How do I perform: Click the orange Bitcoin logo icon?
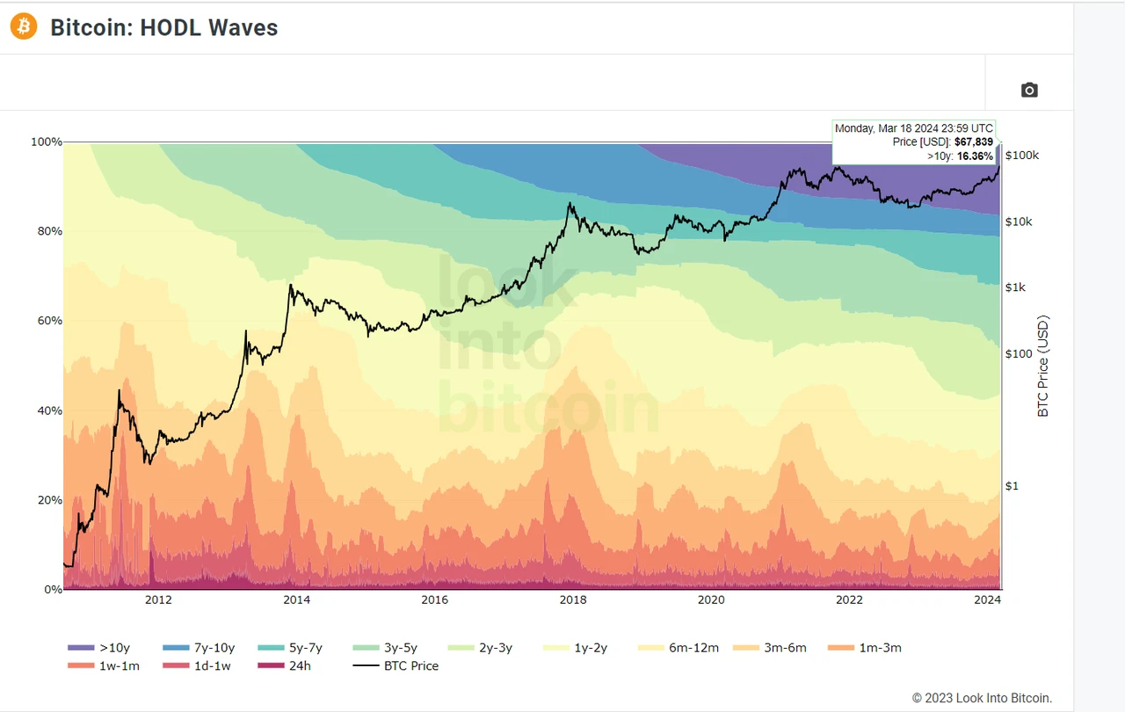point(24,27)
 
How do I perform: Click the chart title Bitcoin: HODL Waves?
point(164,28)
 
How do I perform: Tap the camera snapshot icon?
point(1029,90)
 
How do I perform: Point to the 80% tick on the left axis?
point(47,231)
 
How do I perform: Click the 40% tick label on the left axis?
point(47,410)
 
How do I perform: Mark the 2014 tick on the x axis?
point(296,600)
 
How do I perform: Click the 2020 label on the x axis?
point(710,600)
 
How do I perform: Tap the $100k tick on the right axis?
point(1022,156)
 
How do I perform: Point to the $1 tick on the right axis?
point(1012,486)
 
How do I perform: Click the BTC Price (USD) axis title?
point(1043,366)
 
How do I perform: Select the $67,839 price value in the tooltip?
point(974,142)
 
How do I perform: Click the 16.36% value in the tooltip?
point(975,156)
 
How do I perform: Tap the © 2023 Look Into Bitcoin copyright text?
point(982,699)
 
